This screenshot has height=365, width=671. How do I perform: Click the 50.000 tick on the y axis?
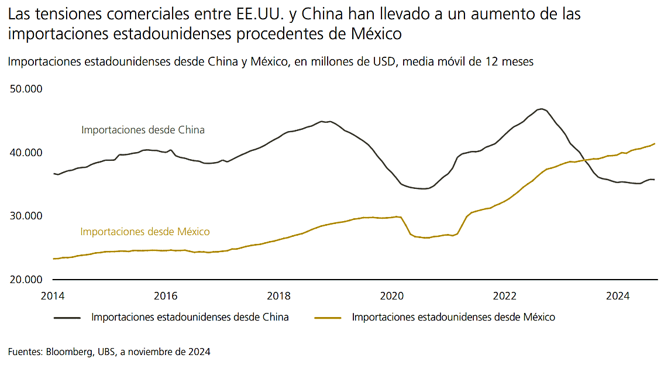point(26,89)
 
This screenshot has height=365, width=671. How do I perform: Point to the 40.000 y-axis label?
point(26,153)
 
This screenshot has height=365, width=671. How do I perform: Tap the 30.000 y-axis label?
point(26,216)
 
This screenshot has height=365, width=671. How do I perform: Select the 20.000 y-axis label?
point(26,280)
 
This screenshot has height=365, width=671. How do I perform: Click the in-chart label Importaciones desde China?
point(143,130)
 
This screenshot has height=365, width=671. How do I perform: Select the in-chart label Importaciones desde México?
point(144,232)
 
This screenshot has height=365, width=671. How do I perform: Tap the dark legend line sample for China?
point(67,318)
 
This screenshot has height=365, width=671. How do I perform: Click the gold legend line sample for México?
point(328,318)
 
